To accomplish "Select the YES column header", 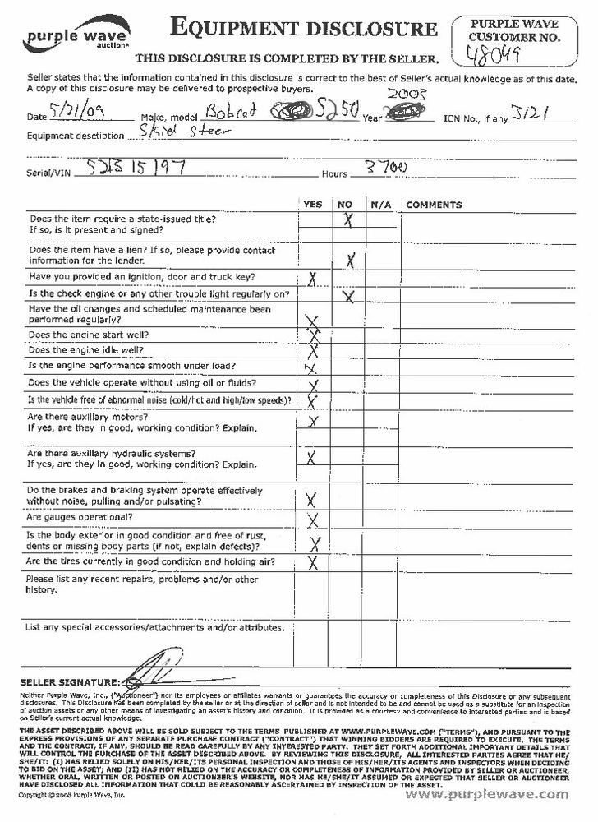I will [x=313, y=205].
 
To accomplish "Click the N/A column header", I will [x=379, y=205].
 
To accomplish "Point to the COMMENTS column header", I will [x=434, y=205].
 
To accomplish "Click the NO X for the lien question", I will [x=349, y=261].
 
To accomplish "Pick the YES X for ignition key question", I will [x=312, y=279].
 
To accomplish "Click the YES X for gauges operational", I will [x=312, y=520].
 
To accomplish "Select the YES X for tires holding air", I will [x=312, y=563].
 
